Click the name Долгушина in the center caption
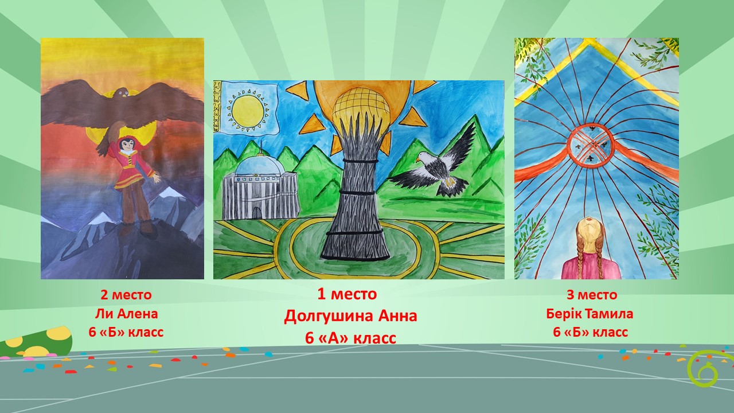click(329, 317)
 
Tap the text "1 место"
click(347, 294)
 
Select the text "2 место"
click(126, 295)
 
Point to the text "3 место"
click(592, 295)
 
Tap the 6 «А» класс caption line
click(350, 338)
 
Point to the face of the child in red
click(126, 146)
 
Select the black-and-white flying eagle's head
click(423, 157)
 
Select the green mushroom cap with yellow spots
click(36, 341)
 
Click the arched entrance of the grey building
click(258, 211)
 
